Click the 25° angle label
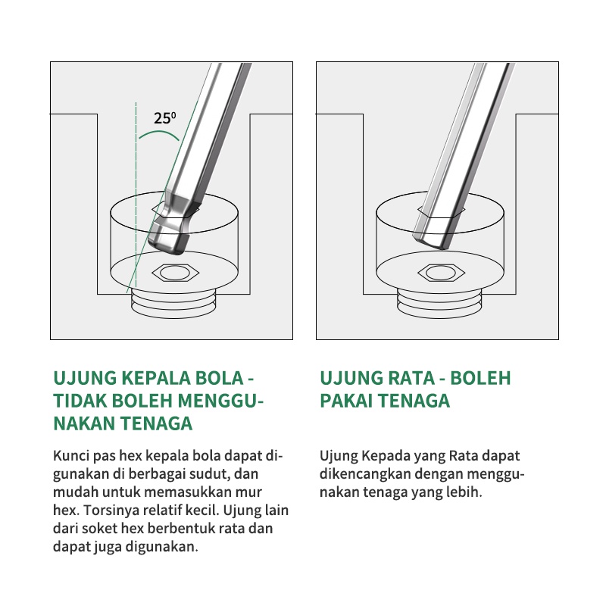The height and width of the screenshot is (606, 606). click(164, 118)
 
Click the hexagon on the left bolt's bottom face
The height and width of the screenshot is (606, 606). click(175, 273)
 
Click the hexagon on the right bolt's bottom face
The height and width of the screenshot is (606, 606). click(441, 273)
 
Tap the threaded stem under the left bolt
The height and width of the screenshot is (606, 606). click(173, 305)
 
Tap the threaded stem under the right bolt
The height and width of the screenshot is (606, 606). click(439, 305)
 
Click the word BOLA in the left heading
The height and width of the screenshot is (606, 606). click(219, 378)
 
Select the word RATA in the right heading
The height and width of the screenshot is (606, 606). click(410, 378)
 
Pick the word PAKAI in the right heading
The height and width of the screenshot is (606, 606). click(345, 401)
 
